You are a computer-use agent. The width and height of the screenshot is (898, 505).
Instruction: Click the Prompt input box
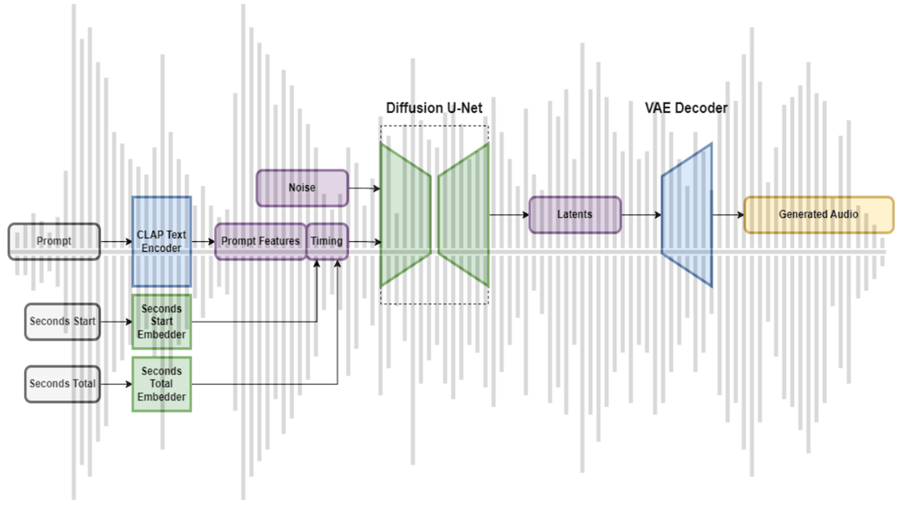point(55,241)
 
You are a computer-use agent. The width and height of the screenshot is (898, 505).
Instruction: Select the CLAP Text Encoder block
point(161,241)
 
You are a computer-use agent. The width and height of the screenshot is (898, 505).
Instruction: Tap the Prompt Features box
point(261,241)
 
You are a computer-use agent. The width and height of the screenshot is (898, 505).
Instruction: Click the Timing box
point(327,241)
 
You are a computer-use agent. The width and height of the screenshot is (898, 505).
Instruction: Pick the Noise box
point(302,188)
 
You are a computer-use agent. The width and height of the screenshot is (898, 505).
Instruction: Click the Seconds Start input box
point(63,321)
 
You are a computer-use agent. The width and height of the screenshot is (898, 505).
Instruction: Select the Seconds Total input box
point(63,384)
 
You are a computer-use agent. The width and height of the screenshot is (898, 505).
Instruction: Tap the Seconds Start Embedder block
point(161,321)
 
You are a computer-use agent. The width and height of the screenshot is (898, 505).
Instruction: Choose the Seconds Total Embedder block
point(161,384)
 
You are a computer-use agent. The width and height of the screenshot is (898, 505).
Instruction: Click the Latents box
point(575,215)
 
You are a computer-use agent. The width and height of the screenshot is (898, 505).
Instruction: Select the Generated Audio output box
point(818,215)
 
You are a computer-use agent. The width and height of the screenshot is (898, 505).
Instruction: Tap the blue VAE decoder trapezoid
point(687,215)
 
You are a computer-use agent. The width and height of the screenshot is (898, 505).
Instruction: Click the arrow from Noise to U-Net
point(364,188)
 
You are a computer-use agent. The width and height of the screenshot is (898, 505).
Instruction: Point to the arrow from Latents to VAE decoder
point(641,215)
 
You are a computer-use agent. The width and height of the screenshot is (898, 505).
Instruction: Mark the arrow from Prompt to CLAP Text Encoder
point(116,241)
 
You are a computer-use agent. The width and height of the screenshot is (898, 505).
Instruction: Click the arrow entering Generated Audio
point(728,215)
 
